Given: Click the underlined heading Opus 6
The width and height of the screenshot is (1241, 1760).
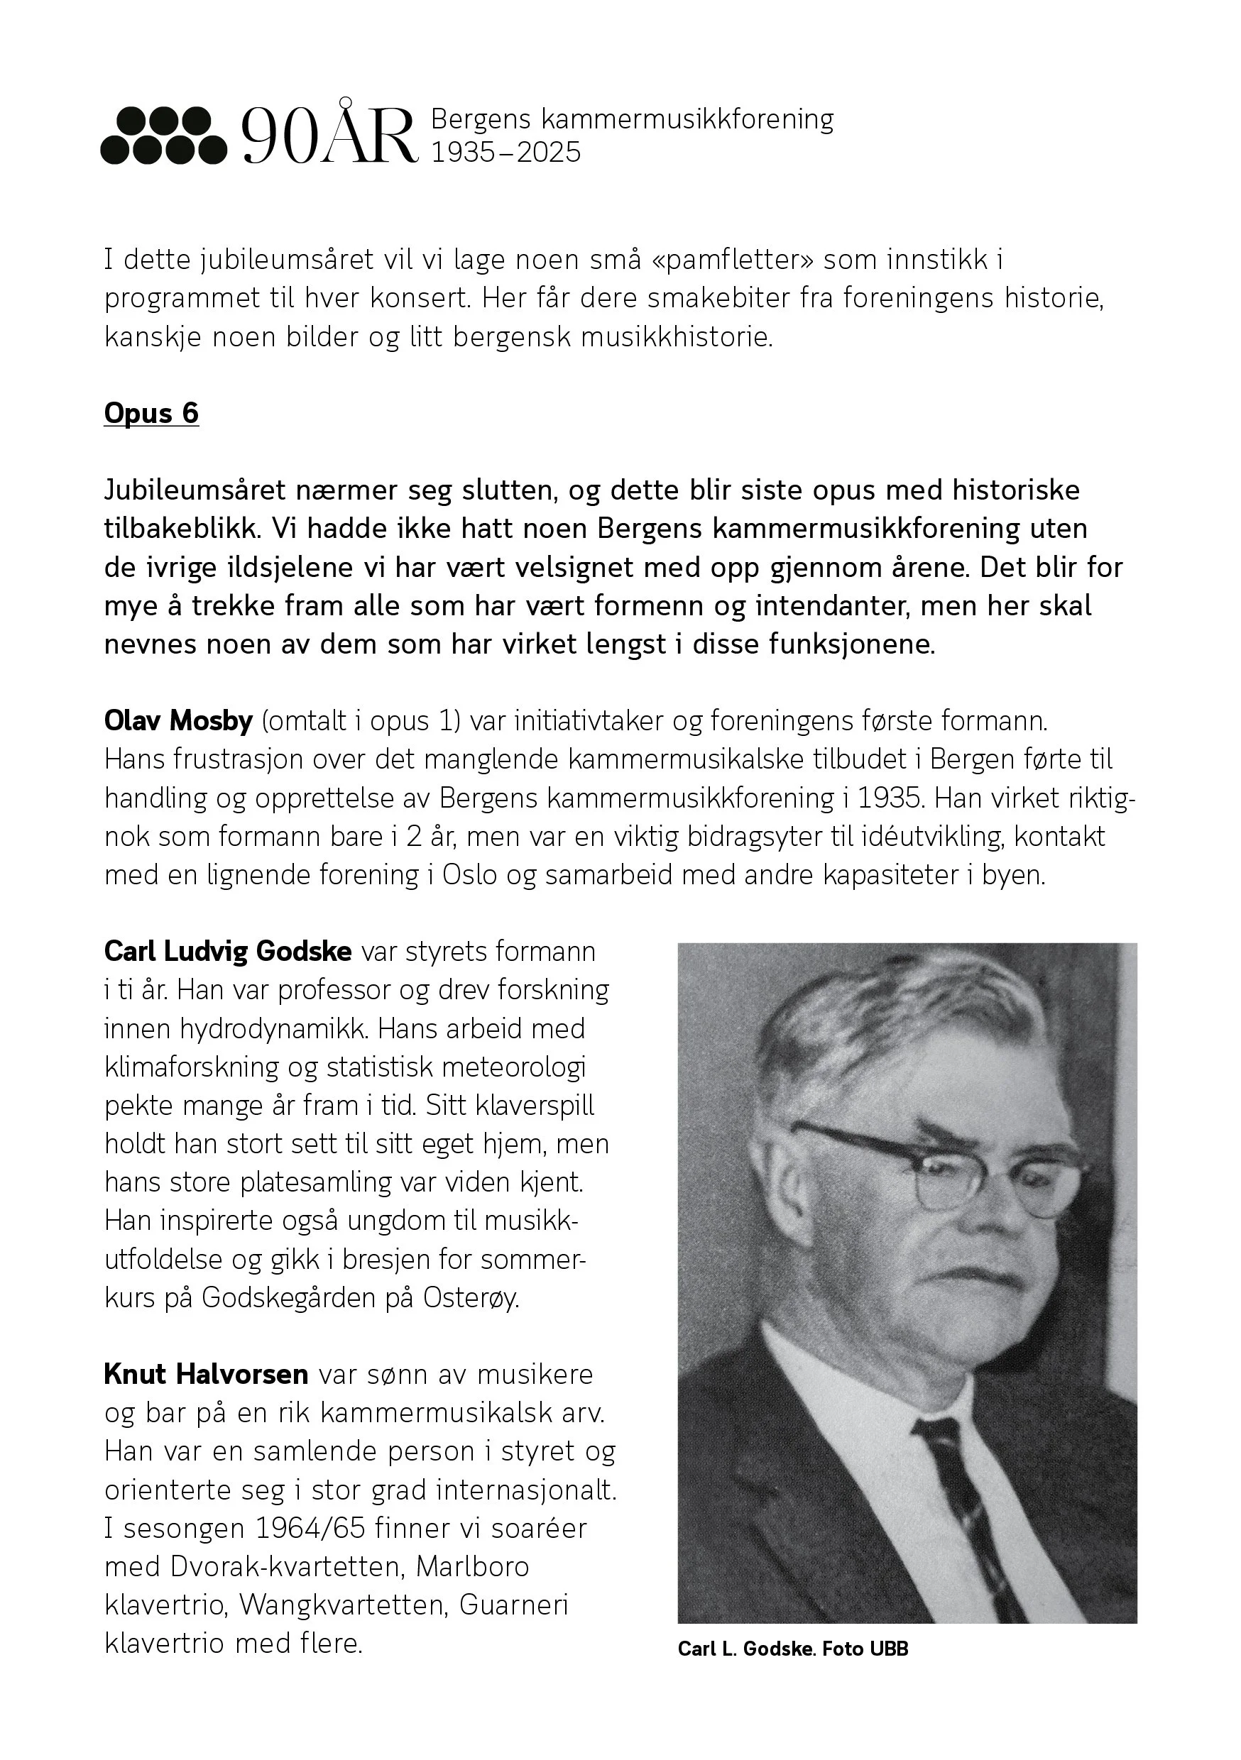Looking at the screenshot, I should click(151, 413).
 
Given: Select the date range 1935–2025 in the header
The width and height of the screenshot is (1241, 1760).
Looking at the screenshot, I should click(506, 153).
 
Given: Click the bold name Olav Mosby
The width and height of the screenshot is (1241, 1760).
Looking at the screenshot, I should click(178, 720).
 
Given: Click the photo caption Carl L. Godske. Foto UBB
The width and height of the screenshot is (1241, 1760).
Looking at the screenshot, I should click(792, 1649).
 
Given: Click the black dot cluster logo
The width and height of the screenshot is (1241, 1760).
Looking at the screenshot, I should click(163, 136).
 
